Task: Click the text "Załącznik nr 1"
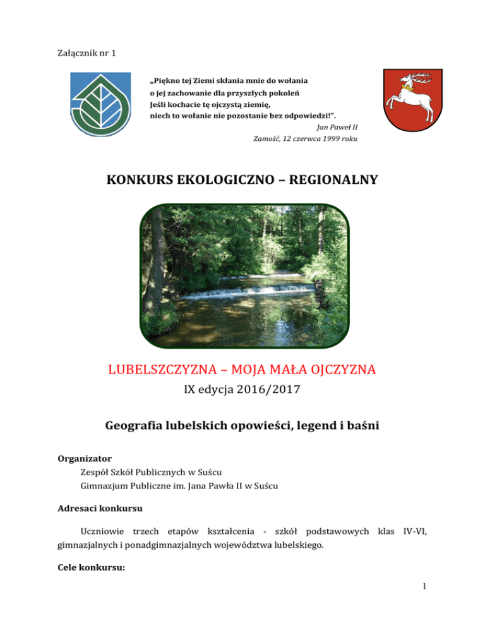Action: (x=81, y=51)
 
